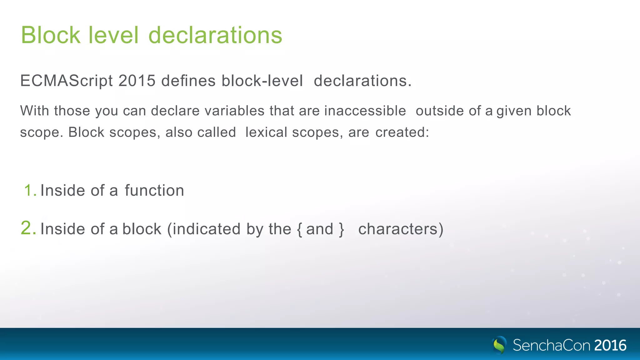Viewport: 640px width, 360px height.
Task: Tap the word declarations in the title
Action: [x=215, y=35]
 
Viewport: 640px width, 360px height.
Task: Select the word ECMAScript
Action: [x=66, y=81]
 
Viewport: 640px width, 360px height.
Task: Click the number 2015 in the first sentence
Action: [x=137, y=81]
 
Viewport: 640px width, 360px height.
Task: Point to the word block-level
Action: [x=262, y=81]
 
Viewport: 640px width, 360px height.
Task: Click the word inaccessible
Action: [x=365, y=111]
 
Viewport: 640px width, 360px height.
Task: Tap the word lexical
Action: [x=266, y=132]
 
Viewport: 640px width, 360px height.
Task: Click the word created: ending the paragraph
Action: [x=402, y=132]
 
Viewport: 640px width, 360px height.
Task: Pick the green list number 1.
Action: [x=30, y=191]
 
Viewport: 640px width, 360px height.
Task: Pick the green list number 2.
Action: [x=28, y=228]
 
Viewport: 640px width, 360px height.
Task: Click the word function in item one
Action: [x=154, y=191]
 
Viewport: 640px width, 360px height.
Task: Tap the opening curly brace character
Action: [x=300, y=229]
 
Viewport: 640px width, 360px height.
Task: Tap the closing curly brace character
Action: [x=341, y=229]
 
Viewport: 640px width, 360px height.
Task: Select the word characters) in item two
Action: [x=401, y=229]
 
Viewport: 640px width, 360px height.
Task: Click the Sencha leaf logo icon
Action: [x=499, y=345]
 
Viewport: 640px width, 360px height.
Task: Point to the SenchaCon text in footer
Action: [x=551, y=345]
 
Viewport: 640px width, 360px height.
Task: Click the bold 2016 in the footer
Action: [x=610, y=345]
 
